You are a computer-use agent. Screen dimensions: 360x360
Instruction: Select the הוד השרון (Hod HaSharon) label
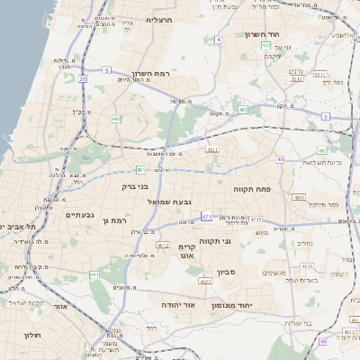(263, 34)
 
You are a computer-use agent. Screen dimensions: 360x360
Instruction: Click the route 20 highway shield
(83, 79)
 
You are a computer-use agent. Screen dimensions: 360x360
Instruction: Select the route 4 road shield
(219, 40)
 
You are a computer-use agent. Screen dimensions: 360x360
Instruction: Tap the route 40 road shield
(280, 159)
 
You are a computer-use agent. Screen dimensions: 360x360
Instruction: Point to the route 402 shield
(117, 118)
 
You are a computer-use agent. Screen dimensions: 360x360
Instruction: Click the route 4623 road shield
(307, 266)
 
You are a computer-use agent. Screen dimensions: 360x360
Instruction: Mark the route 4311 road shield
(212, 149)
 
